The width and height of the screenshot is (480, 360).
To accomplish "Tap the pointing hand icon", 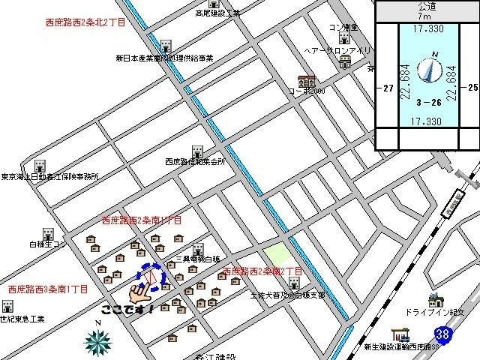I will tap(138, 288).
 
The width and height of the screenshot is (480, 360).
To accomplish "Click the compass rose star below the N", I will tap(97, 342).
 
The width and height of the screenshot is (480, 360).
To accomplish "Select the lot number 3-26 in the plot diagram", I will tap(427, 101).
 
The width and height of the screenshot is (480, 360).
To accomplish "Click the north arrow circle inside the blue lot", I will tap(429, 70).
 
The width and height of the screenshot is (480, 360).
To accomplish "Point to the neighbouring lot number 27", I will tap(387, 88).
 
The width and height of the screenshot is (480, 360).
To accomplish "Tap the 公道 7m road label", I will tap(426, 10).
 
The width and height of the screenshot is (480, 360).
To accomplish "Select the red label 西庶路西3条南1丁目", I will tap(48, 289).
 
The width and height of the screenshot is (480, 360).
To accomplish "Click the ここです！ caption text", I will tap(127, 308).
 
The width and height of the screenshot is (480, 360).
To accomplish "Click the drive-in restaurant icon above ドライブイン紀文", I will tap(436, 301).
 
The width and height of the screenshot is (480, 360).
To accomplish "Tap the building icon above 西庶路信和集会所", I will tap(198, 151).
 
